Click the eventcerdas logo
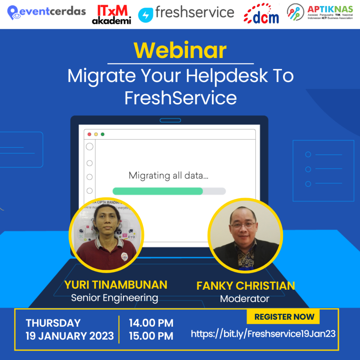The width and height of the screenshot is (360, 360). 46,12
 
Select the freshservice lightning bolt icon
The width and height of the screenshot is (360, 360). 145,15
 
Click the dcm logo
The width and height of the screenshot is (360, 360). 262,14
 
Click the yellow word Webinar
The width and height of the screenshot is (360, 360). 180,51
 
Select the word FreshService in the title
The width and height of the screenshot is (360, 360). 180,98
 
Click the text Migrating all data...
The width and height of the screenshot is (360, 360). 168,175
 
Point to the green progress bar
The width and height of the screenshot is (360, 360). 157,191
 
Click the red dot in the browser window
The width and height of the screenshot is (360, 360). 89,134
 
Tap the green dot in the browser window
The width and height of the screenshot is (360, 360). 103,134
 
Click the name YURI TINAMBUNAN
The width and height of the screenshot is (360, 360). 116,285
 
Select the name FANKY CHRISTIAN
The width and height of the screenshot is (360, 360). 245,286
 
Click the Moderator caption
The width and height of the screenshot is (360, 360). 244,299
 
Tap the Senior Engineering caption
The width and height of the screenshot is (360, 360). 114,298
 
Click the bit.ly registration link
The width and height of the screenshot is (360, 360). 263,334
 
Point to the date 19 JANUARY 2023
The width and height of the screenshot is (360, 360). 70,336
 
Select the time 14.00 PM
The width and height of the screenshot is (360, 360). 151,323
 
